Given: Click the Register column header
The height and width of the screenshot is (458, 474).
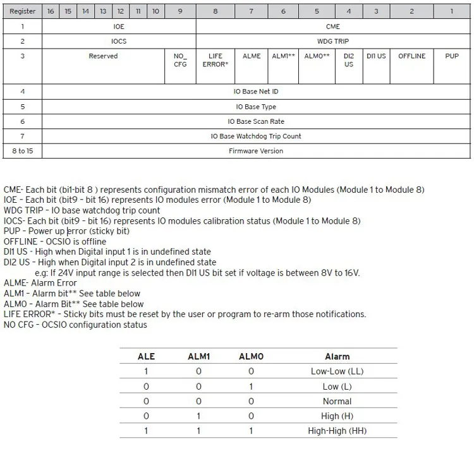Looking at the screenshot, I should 22,11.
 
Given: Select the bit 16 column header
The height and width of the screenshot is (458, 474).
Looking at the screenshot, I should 51,11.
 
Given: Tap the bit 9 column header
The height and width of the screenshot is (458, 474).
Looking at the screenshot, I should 180,11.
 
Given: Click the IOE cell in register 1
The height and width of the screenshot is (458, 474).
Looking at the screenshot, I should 119,27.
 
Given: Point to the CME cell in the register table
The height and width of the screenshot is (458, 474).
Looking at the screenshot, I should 333,27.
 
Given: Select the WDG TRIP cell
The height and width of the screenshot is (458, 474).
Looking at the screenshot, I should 333,41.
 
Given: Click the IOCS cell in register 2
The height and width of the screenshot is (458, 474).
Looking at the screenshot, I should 119,41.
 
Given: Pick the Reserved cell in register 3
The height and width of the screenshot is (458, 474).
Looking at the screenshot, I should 103,56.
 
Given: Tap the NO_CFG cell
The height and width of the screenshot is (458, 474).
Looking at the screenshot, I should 180,60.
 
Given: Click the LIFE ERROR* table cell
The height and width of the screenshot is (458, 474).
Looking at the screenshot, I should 216,60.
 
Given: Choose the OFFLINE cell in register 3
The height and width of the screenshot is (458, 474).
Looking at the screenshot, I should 412,56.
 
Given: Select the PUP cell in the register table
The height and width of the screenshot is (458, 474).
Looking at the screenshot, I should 452,56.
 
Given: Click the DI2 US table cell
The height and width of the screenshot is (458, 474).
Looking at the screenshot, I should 349,60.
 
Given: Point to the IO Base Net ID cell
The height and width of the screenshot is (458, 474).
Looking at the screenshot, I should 256,92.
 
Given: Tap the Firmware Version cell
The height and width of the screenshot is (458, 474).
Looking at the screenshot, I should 256,151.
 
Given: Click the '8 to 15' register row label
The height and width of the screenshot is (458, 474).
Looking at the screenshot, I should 22,151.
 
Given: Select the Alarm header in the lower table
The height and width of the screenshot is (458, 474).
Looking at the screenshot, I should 337,356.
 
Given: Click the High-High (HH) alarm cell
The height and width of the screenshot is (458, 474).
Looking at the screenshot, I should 337,431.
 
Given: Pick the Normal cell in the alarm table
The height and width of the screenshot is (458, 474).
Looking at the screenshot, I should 337,401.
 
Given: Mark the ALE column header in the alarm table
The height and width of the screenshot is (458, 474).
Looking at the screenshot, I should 146,356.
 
